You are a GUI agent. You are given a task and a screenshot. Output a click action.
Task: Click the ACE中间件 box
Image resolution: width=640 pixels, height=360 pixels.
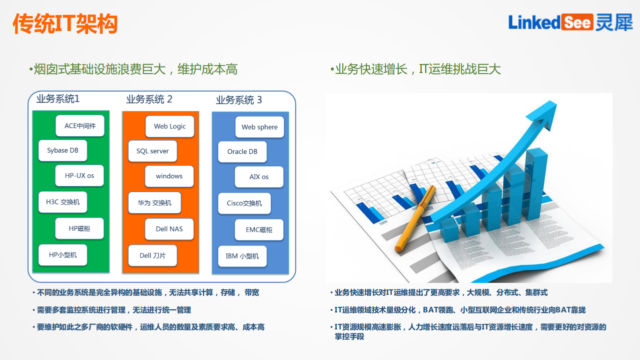coord(80,126)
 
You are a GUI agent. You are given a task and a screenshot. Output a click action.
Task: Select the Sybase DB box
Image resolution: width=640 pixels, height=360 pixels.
coord(63,150)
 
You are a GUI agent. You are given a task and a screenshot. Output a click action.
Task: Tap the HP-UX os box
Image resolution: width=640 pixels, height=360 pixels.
coord(80,176)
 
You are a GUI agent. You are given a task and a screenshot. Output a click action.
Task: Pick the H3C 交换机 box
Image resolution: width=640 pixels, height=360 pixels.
coord(63,202)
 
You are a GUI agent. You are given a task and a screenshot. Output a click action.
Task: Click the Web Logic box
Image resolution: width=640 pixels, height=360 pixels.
coord(170,126)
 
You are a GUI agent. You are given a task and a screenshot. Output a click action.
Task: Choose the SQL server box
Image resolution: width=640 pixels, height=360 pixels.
coord(153,151)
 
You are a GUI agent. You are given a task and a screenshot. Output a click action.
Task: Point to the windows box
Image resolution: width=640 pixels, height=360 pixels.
coord(169,176)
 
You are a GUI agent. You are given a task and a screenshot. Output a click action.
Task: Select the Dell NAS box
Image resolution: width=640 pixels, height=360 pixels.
coord(169,229)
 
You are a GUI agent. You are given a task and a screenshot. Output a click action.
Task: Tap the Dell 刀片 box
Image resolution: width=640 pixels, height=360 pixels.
coord(153,255)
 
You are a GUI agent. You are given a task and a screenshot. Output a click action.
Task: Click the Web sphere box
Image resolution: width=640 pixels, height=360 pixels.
coord(259,127)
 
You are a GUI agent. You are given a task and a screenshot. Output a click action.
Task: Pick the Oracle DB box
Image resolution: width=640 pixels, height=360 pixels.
coord(242,151)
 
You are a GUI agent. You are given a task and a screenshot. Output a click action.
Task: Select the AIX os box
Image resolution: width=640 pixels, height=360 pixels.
coord(259,177)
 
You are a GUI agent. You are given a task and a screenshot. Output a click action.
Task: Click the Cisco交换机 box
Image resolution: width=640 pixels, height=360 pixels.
coord(244,203)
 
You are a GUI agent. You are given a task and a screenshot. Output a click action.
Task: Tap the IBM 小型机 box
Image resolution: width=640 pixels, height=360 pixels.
coord(242,256)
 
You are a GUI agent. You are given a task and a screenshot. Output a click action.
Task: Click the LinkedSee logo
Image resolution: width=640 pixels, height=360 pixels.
coord(570,22)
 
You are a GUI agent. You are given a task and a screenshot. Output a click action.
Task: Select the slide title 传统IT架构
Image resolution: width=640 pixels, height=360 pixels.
coord(65,24)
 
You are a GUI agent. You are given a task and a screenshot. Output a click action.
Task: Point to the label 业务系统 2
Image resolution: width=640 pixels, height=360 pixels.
coord(149,99)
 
